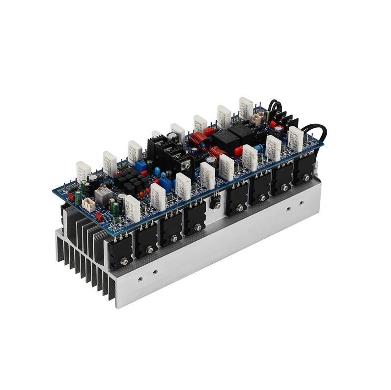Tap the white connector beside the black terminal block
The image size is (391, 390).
(x=256, y=118)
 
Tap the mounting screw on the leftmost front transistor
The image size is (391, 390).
(x=120, y=257)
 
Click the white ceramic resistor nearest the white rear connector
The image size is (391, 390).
(x=246, y=109)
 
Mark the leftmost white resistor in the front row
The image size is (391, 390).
(x=133, y=208)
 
